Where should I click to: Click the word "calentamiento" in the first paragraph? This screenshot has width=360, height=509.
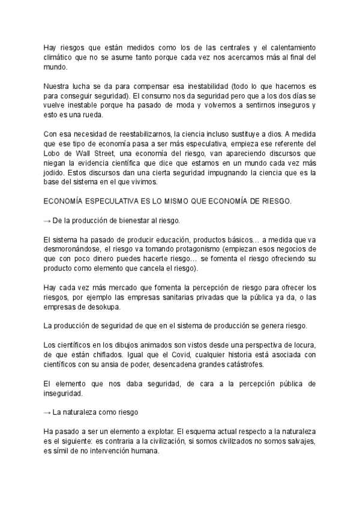(x=287, y=47)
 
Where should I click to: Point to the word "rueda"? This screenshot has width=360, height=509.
(x=94, y=115)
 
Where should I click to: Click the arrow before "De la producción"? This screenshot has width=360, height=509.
(x=48, y=221)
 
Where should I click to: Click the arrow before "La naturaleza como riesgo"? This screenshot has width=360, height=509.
(x=48, y=413)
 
